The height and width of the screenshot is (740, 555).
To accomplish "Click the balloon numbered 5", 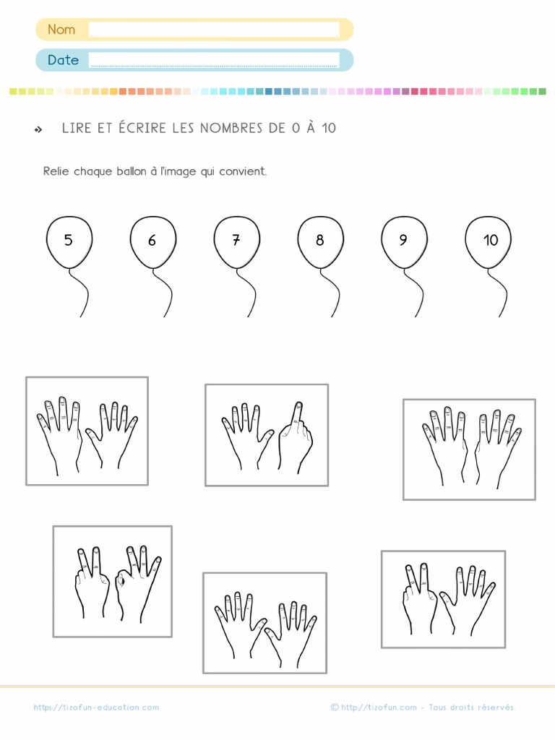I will [69, 241].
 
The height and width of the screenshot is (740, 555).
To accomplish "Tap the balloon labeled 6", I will [152, 241].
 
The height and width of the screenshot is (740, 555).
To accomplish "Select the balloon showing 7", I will [236, 241].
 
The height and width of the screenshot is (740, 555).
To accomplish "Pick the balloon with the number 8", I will [320, 241].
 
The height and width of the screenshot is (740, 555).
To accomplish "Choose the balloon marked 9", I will [404, 241].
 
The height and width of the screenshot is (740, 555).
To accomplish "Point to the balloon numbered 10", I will [489, 241].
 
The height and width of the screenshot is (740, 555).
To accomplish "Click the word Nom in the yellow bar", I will [61, 30].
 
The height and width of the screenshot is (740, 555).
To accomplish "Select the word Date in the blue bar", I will [63, 60].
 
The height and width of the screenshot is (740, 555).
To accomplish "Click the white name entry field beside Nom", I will [214, 30].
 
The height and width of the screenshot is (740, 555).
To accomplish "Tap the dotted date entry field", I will [214, 60].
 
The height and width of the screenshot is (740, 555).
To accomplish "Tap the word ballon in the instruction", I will [131, 172].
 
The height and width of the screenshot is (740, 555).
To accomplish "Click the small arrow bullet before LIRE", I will [38, 129].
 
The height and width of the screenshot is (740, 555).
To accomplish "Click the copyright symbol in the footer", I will [335, 707].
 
